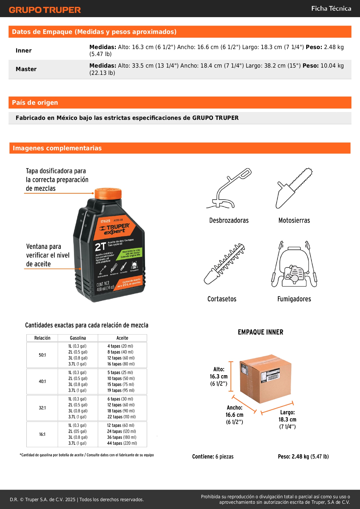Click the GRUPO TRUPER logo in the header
(45, 10)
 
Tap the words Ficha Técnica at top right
(331, 8)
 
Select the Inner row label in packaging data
(23, 50)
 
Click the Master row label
(26, 69)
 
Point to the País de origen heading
(35, 102)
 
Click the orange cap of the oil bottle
(108, 193)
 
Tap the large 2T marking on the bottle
(100, 247)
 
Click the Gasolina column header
(78, 338)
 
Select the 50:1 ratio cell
(42, 355)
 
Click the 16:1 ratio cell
(42, 434)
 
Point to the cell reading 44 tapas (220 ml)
(122, 443)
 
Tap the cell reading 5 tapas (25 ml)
(120, 372)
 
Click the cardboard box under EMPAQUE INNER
(265, 378)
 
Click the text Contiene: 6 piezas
(213, 456)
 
